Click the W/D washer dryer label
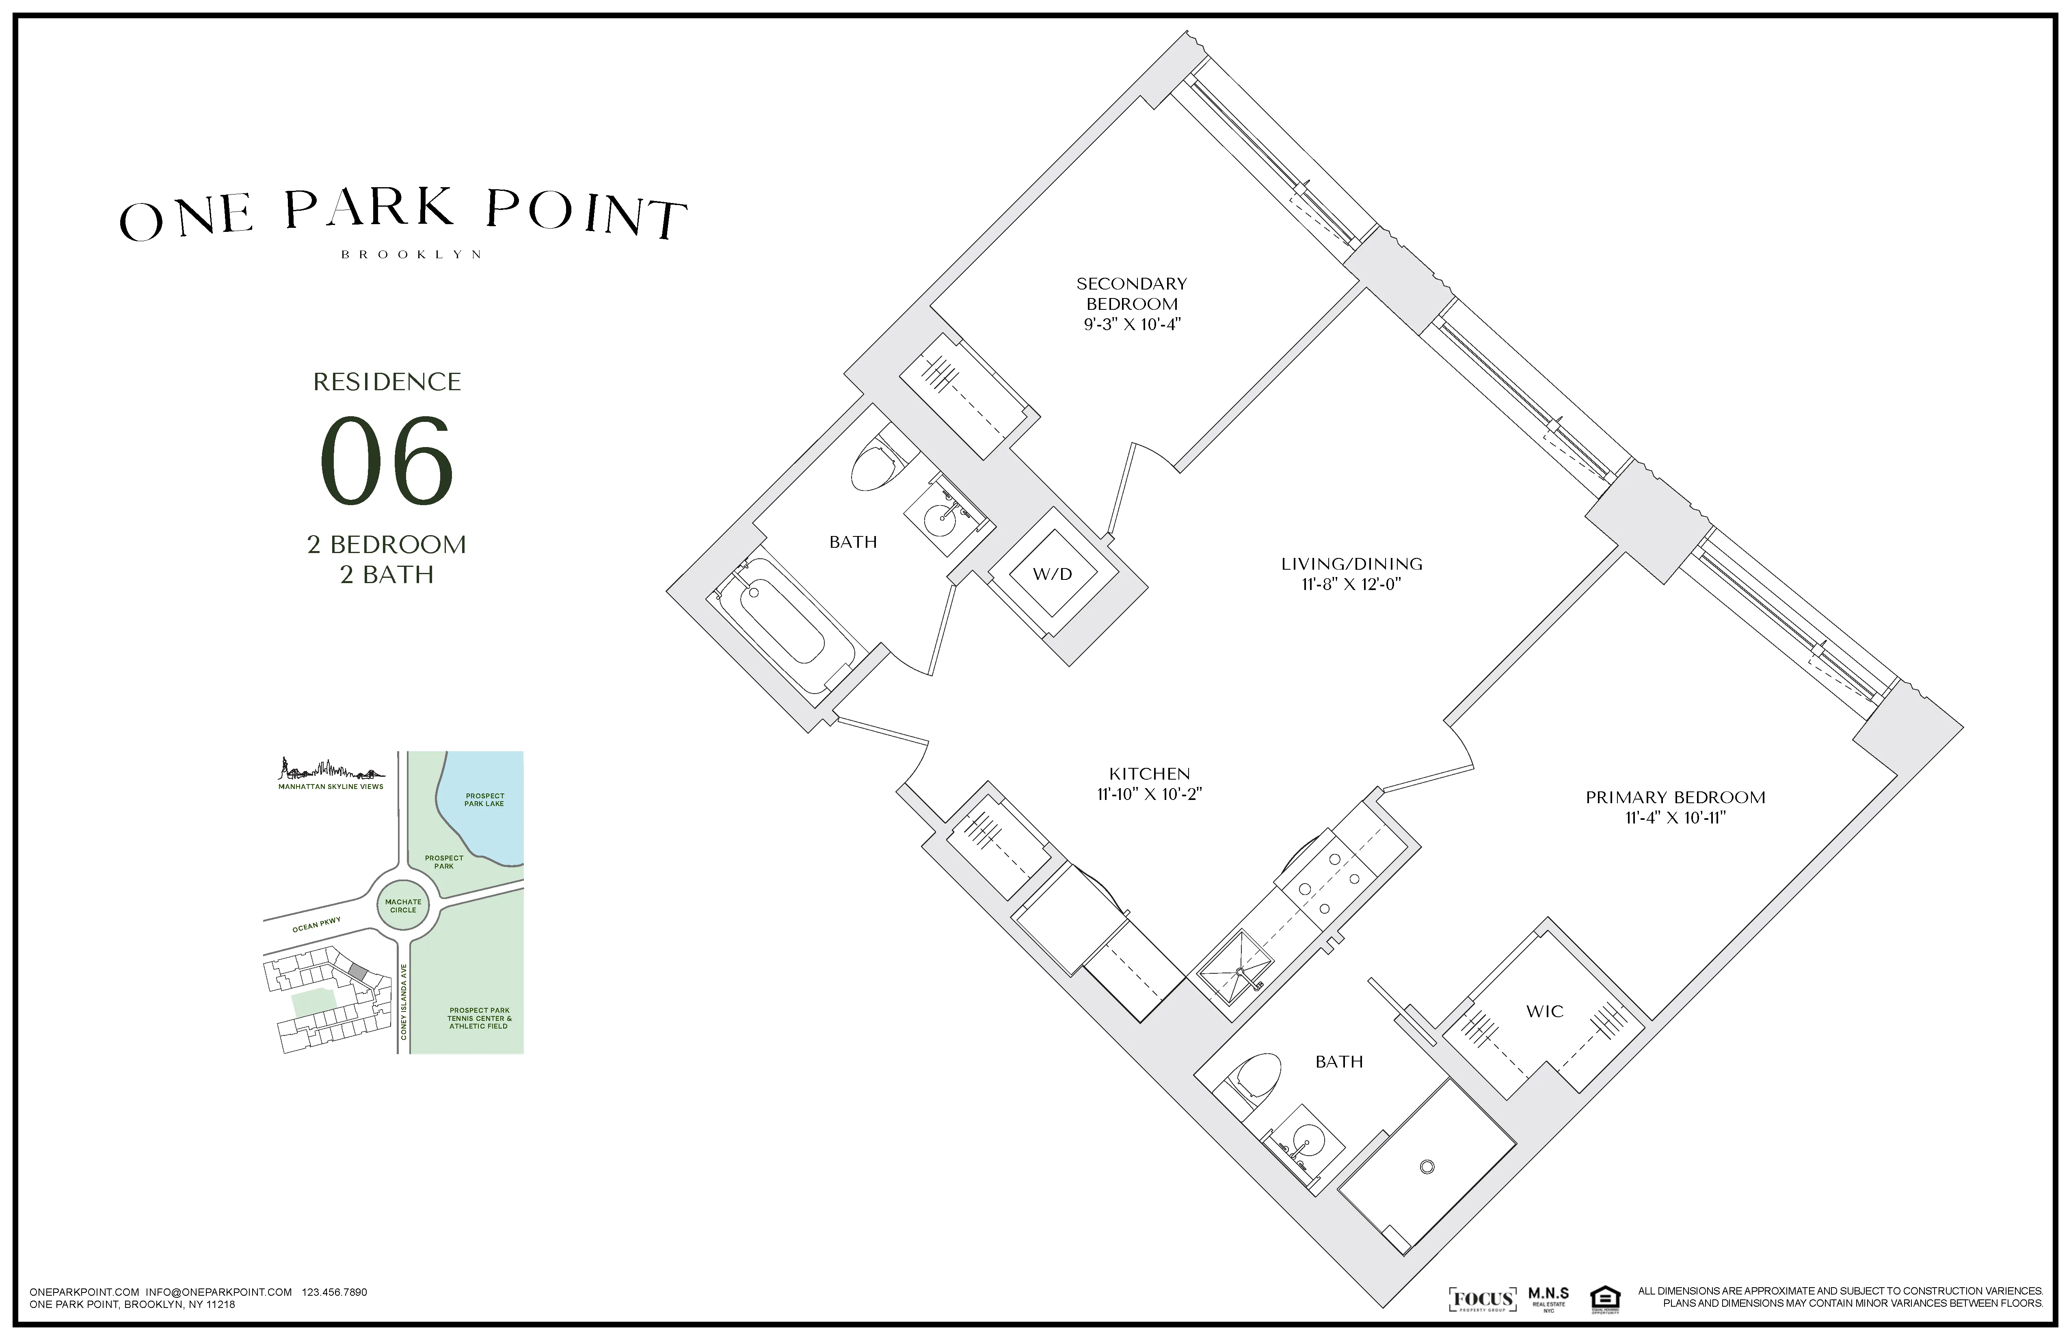tap(1052, 574)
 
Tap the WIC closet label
tap(1545, 1011)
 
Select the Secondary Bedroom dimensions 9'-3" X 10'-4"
tap(1131, 324)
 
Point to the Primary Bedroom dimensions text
tap(1675, 818)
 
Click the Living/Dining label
tap(1351, 564)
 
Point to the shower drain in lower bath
tap(1426, 1167)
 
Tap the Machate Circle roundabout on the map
tap(403, 906)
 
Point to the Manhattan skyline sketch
tap(331, 769)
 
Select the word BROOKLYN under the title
tap(411, 255)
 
